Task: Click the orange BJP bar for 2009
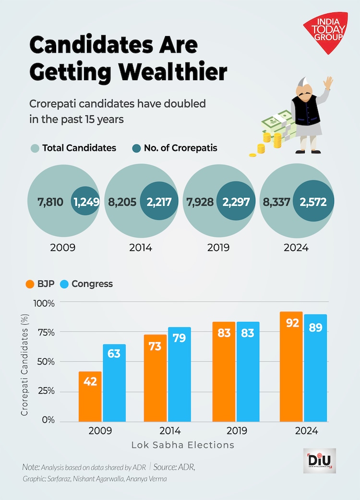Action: click(x=90, y=396)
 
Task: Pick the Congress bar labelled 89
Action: click(x=315, y=367)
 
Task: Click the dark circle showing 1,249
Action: click(x=86, y=201)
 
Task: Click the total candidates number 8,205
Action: click(x=123, y=202)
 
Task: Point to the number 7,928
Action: click(x=202, y=202)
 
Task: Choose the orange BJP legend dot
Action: click(x=29, y=284)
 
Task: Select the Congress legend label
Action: click(x=92, y=284)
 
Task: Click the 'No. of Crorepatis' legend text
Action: click(x=180, y=148)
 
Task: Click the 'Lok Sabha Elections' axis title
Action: click(x=183, y=445)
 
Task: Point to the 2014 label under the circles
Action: click(x=141, y=248)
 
